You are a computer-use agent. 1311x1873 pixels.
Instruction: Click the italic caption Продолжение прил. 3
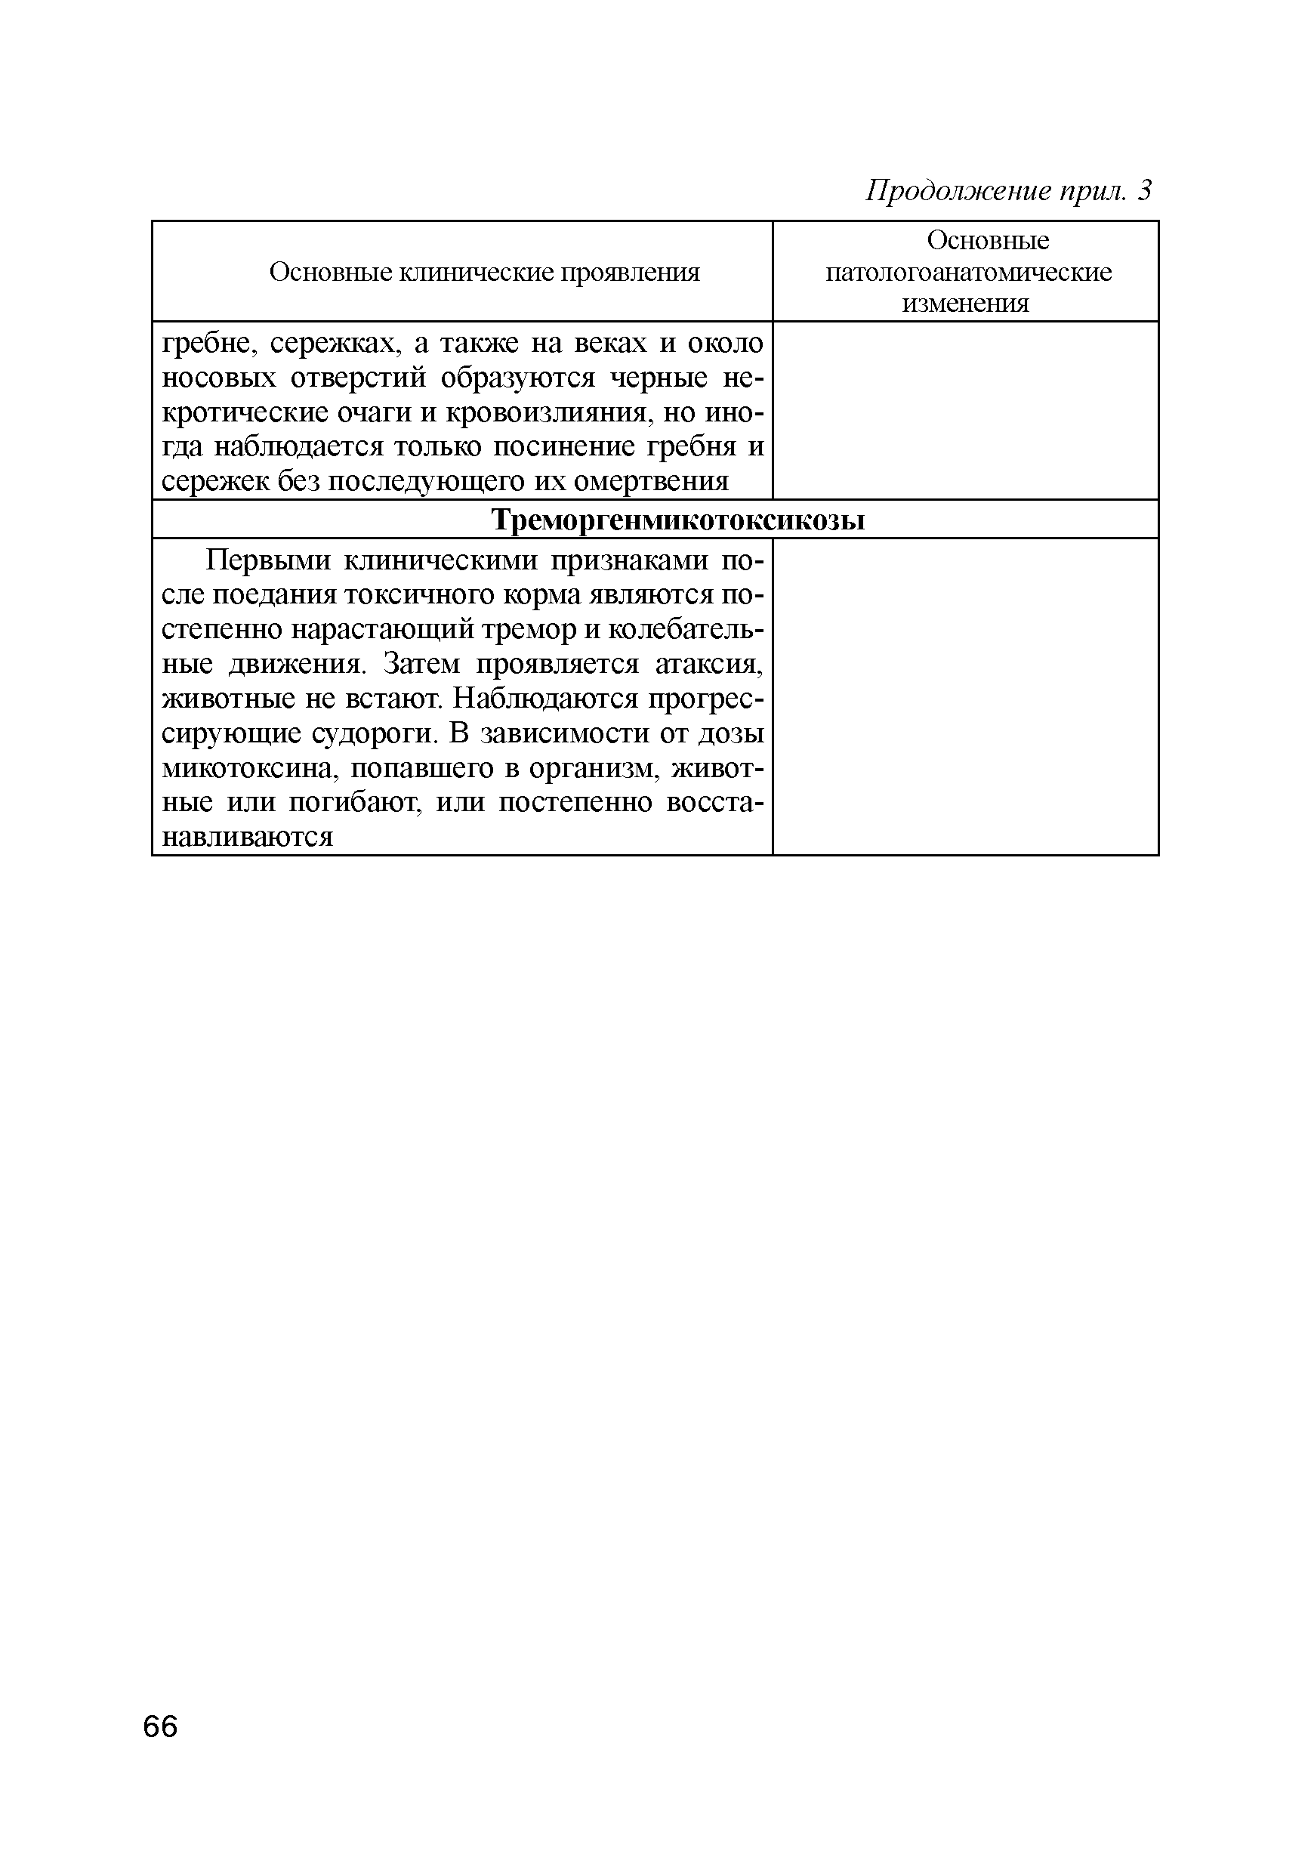point(1008,191)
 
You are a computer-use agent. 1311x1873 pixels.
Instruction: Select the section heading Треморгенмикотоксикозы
point(678,520)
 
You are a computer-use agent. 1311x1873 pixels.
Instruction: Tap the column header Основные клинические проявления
point(485,273)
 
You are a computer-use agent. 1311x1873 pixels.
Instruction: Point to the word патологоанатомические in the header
point(967,272)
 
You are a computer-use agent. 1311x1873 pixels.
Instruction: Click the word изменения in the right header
point(965,304)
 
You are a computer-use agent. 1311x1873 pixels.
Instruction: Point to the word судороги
point(375,733)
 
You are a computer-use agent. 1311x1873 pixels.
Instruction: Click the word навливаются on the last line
point(248,837)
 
